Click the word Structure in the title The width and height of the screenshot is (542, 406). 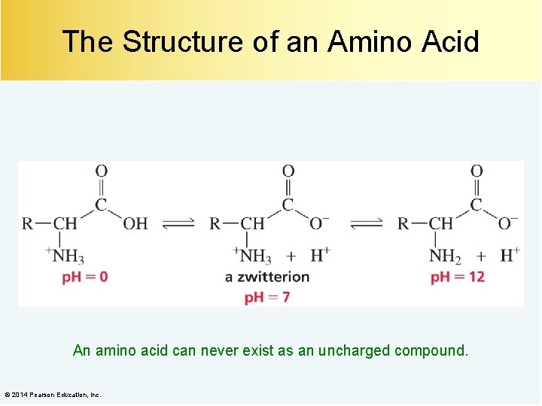[183, 41]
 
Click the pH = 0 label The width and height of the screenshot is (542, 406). [84, 277]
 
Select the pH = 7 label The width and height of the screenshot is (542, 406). [267, 297]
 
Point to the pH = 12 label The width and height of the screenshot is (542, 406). [458, 277]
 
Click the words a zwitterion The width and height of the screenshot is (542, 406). [267, 277]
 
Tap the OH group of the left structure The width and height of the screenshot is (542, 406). [135, 223]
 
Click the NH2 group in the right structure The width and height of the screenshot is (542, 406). [446, 256]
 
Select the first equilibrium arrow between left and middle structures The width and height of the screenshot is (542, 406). [178, 223]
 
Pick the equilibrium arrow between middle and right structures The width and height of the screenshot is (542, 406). [367, 223]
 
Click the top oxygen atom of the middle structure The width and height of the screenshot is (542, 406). [288, 171]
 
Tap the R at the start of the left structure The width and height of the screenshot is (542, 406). [28, 223]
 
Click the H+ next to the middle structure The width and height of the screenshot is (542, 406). [321, 256]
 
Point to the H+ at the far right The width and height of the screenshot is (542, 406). [510, 256]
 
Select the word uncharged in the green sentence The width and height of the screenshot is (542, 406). [355, 350]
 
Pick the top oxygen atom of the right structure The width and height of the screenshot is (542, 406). [477, 171]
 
